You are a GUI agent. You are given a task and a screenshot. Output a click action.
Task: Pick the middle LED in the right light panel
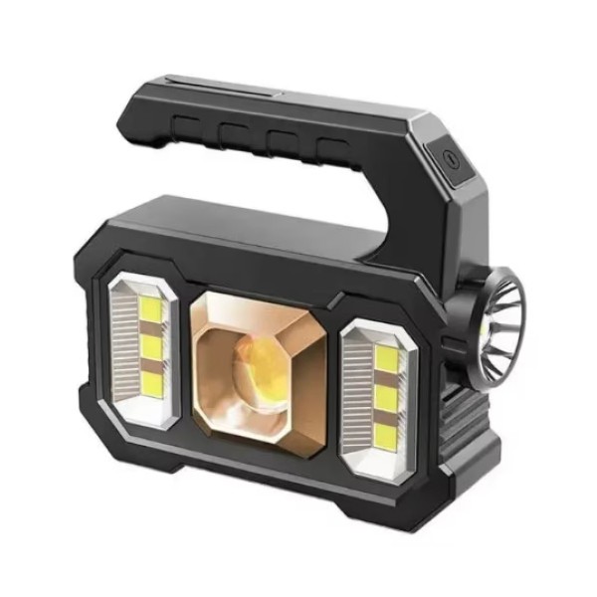point(388,395)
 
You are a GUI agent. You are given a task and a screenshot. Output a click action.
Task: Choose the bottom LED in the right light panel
point(387,432)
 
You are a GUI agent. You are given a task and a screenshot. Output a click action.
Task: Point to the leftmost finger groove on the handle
point(186,128)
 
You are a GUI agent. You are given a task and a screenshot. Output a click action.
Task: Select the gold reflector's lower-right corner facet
point(304,438)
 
